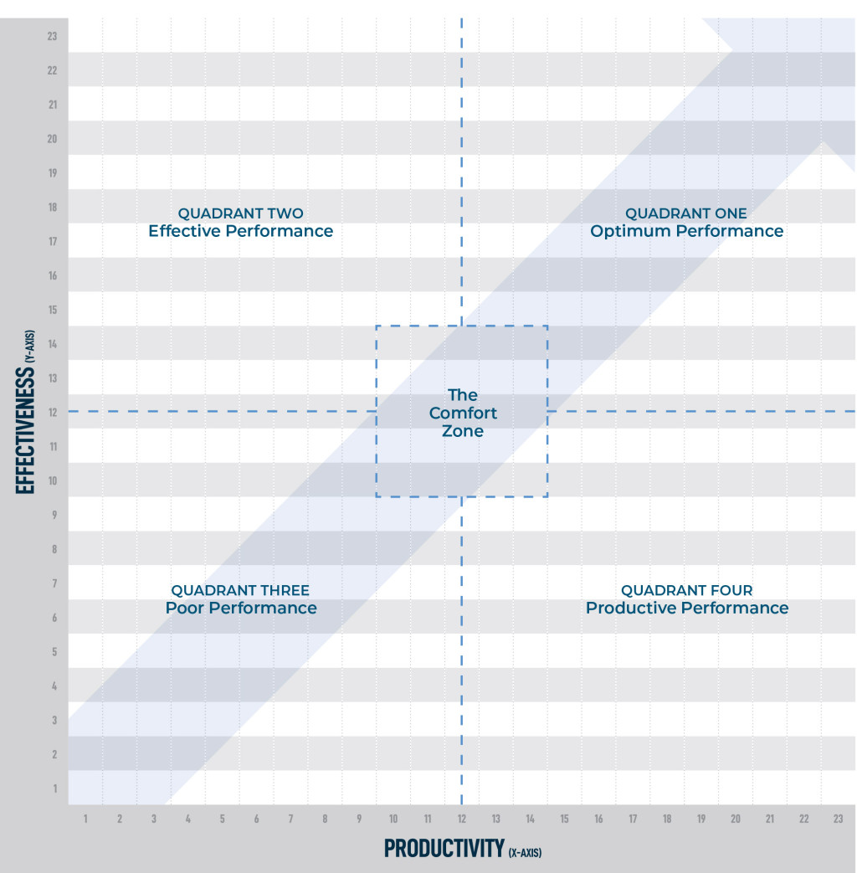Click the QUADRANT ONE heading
pos(685,213)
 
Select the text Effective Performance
pos(241,231)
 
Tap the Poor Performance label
pos(241,609)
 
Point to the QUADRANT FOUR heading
pos(686,591)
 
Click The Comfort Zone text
pos(463,413)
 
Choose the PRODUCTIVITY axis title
pos(444,848)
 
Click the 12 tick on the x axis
pos(461,819)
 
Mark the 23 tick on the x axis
pos(838,819)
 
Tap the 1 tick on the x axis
pos(85,819)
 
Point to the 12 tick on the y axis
pos(52,412)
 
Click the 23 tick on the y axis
pos(52,36)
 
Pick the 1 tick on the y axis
pos(54,788)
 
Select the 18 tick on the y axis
pos(52,207)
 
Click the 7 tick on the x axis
pos(290,819)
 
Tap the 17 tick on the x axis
pos(633,819)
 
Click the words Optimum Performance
pos(686,232)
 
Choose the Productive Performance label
pos(686,609)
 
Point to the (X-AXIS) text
pos(525,852)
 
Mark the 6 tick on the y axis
pos(54,617)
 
